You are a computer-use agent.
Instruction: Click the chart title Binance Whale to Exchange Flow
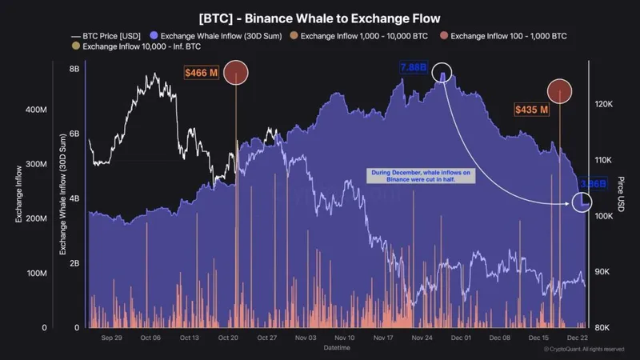[320, 16]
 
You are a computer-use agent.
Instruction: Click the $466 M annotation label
[201, 74]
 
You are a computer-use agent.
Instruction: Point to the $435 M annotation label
[532, 109]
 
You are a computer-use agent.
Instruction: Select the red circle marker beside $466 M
[236, 73]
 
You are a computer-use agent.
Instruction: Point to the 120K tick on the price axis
[602, 105]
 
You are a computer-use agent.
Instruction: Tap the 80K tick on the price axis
[602, 328]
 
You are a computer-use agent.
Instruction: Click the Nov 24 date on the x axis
[422, 338]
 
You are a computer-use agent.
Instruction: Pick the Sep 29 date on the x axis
[112, 338]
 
